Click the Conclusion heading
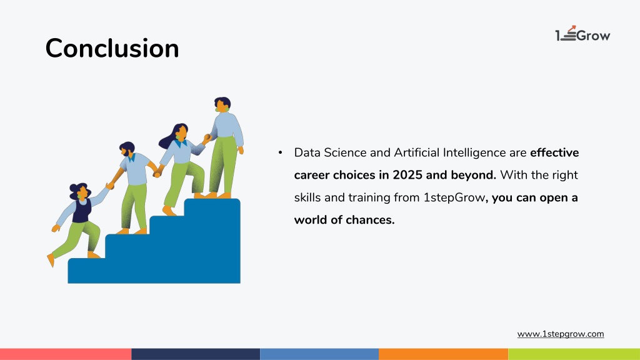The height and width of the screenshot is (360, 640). point(112,48)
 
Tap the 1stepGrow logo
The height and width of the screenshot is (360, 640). point(582,34)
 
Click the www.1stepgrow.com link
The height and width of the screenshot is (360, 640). point(561,334)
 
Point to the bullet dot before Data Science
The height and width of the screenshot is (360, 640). point(280,152)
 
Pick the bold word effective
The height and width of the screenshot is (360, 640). point(554,152)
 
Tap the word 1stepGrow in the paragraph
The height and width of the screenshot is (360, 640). point(454,198)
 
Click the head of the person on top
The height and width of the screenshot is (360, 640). point(222,104)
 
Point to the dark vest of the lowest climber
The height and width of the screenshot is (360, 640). point(82,210)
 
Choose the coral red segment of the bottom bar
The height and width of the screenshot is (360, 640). point(66,354)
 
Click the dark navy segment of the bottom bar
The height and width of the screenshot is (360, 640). point(196,354)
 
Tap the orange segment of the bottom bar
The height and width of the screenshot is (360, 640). point(443,354)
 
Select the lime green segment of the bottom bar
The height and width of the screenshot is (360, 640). point(574,354)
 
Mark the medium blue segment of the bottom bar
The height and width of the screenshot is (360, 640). point(319,354)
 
